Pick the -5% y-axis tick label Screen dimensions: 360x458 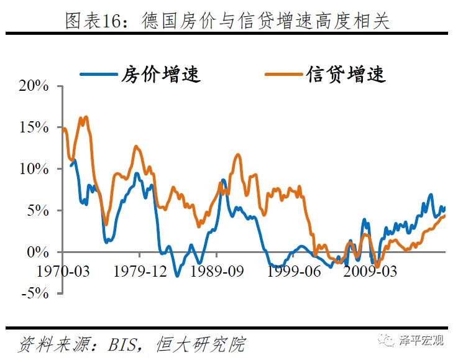(x=34, y=293)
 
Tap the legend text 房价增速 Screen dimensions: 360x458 (x=161, y=75)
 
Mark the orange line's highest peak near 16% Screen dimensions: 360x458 (x=85, y=116)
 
